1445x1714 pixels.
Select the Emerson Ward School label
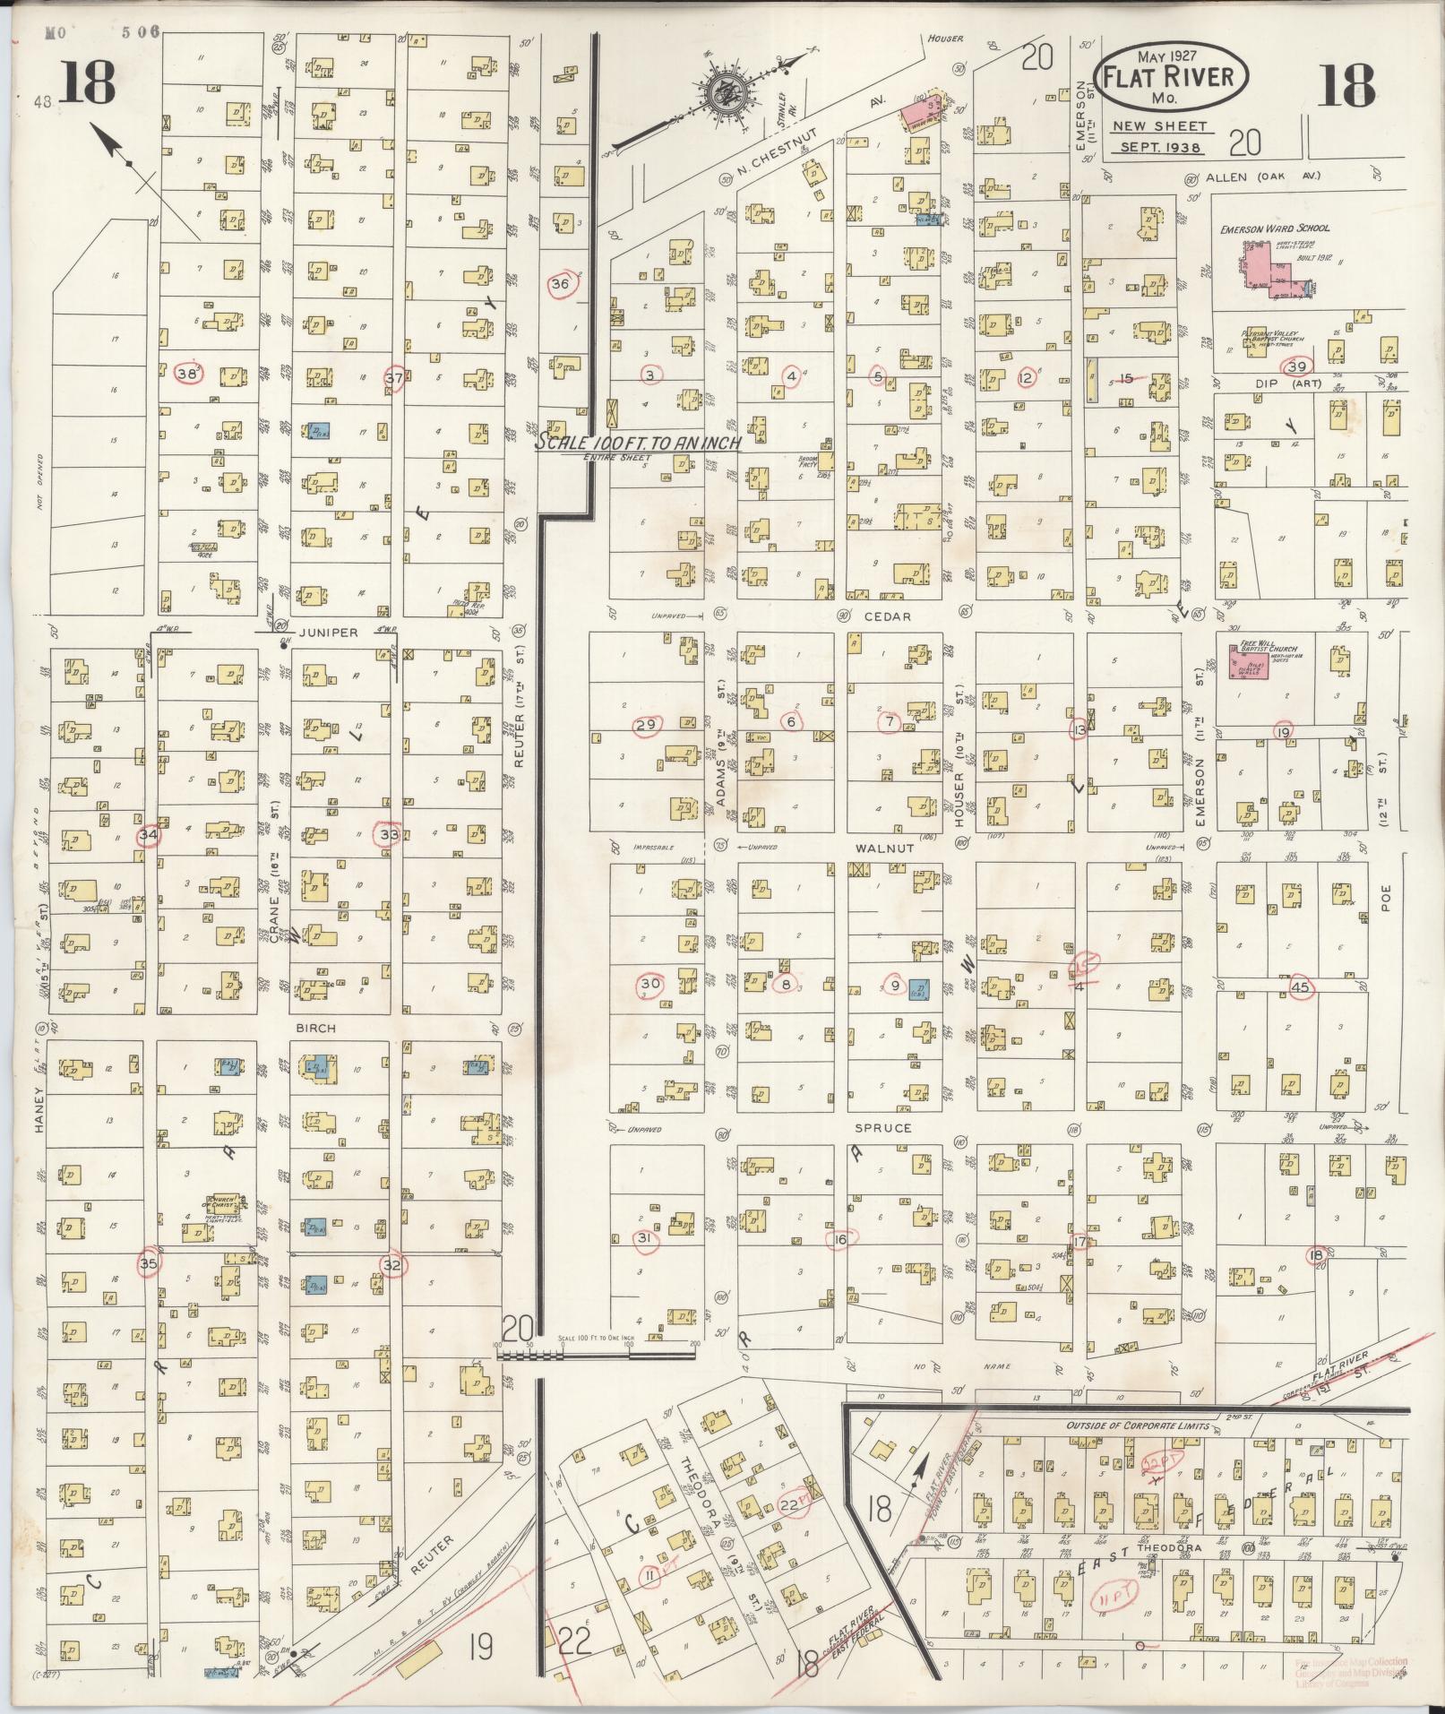click(1275, 229)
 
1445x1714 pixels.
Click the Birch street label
click(315, 1028)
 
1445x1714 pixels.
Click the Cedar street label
click(887, 616)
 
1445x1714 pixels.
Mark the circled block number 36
click(561, 284)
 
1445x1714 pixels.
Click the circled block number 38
click(188, 374)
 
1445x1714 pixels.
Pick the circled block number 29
click(646, 725)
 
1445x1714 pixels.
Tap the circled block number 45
click(1301, 986)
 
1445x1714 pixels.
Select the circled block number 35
click(148, 1262)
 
